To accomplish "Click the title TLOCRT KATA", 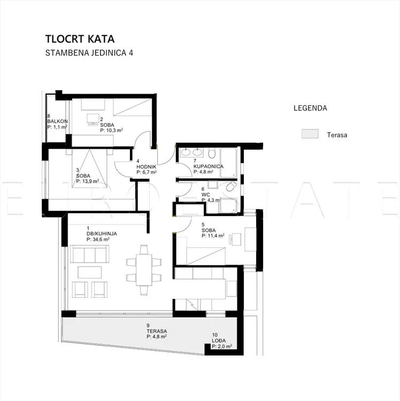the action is (80, 39).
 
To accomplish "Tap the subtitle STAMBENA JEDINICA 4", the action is (89, 53).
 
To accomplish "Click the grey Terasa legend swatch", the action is (310, 134).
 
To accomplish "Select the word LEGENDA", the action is (310, 108).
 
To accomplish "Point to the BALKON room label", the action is (58, 121).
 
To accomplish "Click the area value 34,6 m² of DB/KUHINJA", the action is (98, 240).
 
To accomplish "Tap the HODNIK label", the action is (147, 167).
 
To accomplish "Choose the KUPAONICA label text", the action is (209, 166).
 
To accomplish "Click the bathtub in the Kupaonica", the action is (229, 163).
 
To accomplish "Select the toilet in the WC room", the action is (232, 187).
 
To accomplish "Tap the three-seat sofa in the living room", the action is (89, 254).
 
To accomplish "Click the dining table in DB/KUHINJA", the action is (144, 270).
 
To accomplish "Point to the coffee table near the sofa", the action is (89, 272).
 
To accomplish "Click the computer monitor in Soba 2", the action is (93, 119).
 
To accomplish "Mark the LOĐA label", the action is (219, 341).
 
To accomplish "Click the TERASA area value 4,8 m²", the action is (157, 336).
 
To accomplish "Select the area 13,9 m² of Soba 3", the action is (88, 181).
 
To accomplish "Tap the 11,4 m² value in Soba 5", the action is (213, 236).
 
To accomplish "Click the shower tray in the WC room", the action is (229, 206).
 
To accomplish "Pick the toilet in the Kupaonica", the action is (212, 153).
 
